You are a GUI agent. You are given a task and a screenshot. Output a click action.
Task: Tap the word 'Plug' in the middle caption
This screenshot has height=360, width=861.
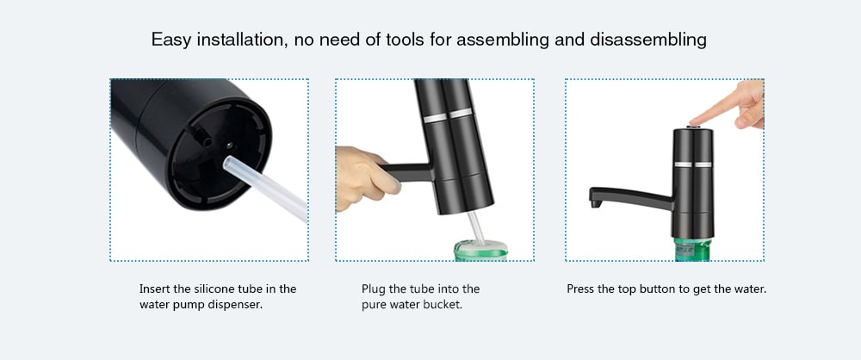tap(372, 289)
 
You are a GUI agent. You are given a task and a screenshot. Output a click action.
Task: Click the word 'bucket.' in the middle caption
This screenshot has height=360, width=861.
tap(442, 305)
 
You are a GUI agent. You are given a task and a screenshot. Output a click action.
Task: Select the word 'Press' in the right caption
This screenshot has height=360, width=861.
tap(579, 289)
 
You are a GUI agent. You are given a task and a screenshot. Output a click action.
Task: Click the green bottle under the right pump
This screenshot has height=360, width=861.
tap(692, 250)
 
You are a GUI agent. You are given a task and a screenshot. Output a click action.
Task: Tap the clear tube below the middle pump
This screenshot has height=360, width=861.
tap(475, 227)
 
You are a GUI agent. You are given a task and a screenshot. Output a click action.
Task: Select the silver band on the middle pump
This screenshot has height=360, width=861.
tap(448, 115)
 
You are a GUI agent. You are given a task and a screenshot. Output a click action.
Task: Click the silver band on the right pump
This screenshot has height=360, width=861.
tap(693, 164)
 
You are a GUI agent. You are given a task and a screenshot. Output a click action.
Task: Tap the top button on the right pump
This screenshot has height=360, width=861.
tap(692, 127)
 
